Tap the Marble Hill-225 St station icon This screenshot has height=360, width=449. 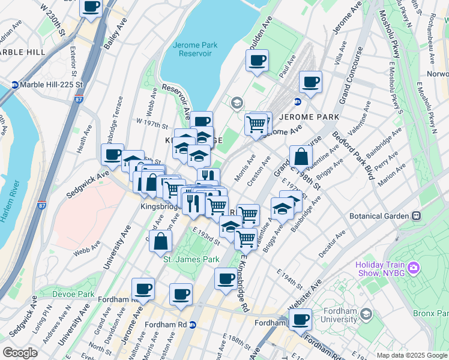pyautogui.click(x=14, y=85)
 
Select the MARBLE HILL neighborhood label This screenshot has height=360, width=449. pyautogui.click(x=23, y=52)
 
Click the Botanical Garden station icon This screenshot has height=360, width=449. pyautogui.click(x=416, y=215)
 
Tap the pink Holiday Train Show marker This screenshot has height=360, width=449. pyautogui.click(x=414, y=266)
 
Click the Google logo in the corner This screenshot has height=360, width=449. pyautogui.click(x=21, y=353)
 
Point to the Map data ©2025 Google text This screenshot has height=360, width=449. pyautogui.click(x=411, y=355)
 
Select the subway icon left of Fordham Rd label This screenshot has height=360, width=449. pyautogui.click(x=192, y=325)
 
